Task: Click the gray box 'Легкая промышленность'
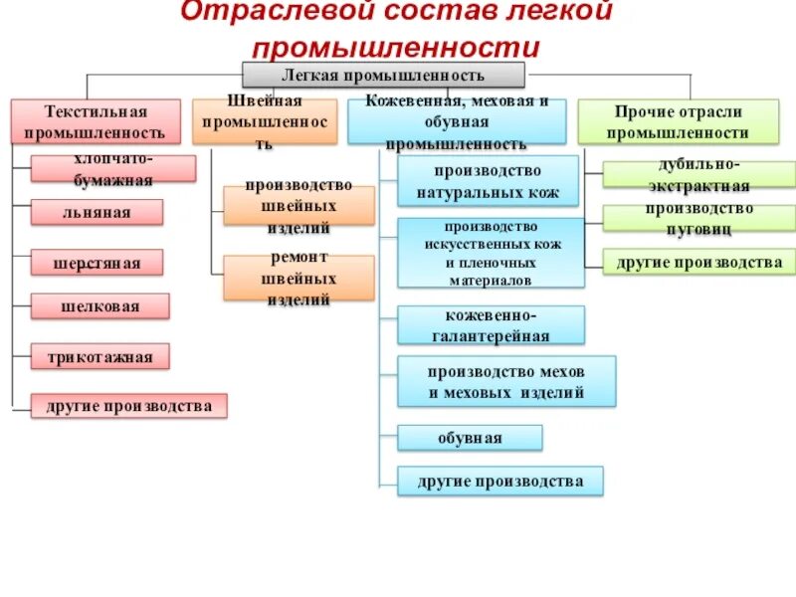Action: tap(383, 75)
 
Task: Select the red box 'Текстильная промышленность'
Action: tap(96, 121)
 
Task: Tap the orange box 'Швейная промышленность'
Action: tap(265, 121)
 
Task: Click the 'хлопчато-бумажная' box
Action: tap(112, 168)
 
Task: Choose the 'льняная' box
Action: tap(96, 212)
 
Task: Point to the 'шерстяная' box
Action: tap(97, 263)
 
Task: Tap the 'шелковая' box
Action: tap(97, 306)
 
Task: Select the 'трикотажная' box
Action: tap(99, 356)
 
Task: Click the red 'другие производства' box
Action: tap(128, 406)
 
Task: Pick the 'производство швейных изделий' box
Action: tap(298, 206)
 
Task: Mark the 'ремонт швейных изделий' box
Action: tap(298, 278)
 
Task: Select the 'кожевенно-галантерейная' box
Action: tap(491, 324)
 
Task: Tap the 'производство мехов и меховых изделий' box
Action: tap(506, 381)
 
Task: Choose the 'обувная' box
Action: tap(470, 438)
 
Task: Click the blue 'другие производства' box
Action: tap(500, 482)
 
